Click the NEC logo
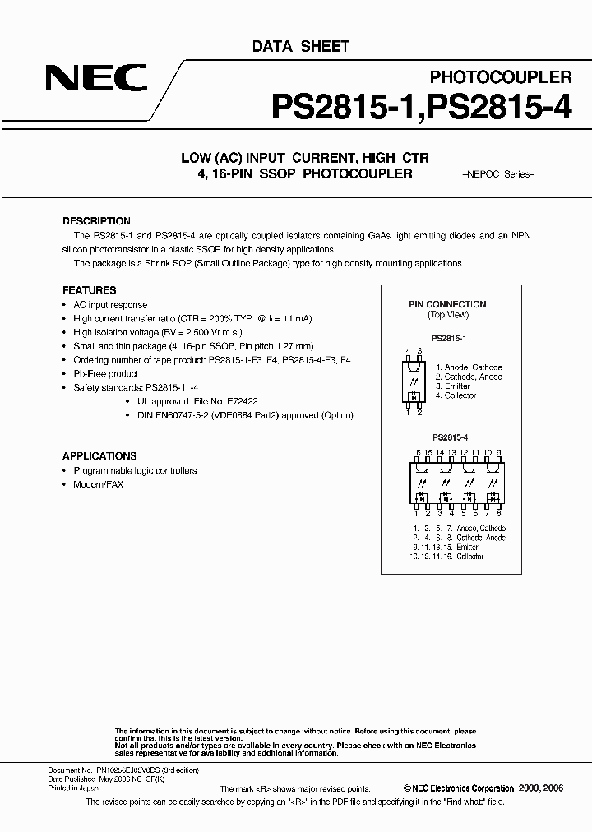point(96,79)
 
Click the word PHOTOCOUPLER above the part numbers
point(501,77)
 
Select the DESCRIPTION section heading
point(96,221)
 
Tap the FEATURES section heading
point(90,290)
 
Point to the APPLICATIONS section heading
point(99,455)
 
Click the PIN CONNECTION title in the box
point(447,304)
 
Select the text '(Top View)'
point(447,315)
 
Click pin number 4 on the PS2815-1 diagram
point(408,351)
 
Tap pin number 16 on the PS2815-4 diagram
point(416,453)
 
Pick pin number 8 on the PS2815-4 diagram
point(499,514)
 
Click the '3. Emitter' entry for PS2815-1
point(453,386)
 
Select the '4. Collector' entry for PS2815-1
point(456,395)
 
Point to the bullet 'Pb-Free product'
point(107,373)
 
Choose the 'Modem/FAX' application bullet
point(99,484)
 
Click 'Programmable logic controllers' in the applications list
point(135,470)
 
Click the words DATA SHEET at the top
point(301,47)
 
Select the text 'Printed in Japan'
point(72,787)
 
